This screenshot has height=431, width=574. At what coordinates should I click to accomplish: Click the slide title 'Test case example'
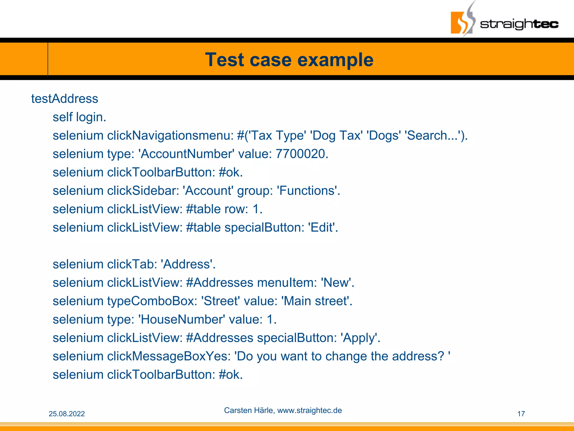coord(289,60)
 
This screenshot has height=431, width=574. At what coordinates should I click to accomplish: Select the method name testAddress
coord(64,99)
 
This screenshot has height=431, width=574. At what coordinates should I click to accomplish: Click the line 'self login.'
coord(79,117)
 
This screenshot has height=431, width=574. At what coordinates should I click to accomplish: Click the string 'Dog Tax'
coord(336,136)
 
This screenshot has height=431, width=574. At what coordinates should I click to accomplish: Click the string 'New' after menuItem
coord(336,283)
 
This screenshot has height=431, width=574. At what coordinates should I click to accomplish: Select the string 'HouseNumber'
coord(182,319)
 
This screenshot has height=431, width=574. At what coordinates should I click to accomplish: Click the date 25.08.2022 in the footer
coord(67,414)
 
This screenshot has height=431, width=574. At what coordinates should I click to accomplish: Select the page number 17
coord(521,414)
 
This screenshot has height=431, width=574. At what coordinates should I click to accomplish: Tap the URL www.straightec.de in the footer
coord(309,411)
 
